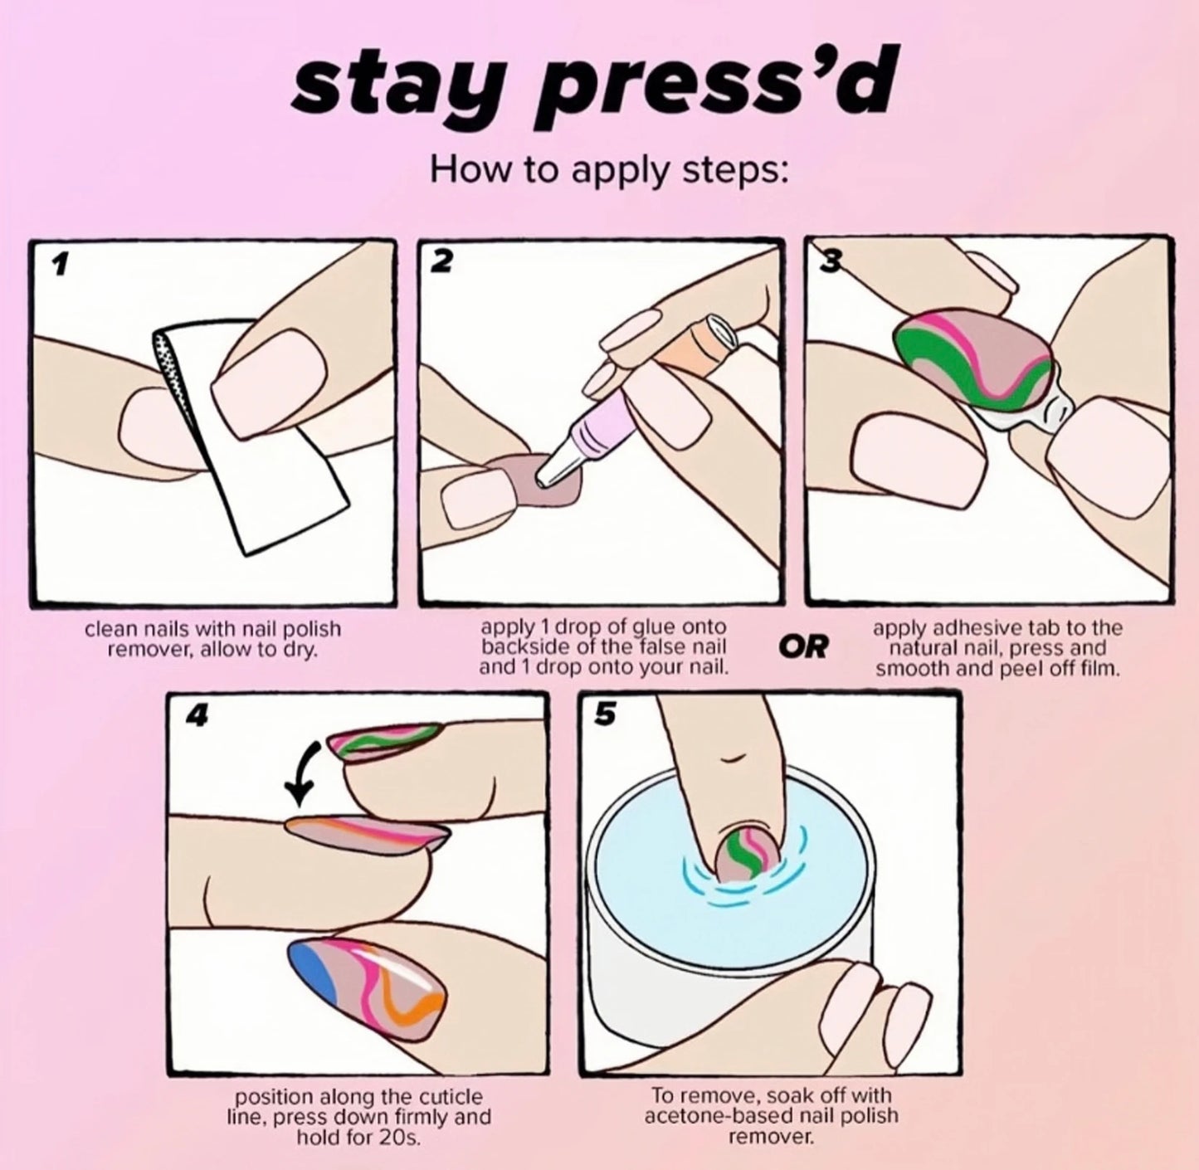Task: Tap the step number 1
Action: tap(59, 265)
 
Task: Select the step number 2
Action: tap(441, 262)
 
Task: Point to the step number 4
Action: tap(197, 715)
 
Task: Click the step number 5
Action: tap(606, 714)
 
